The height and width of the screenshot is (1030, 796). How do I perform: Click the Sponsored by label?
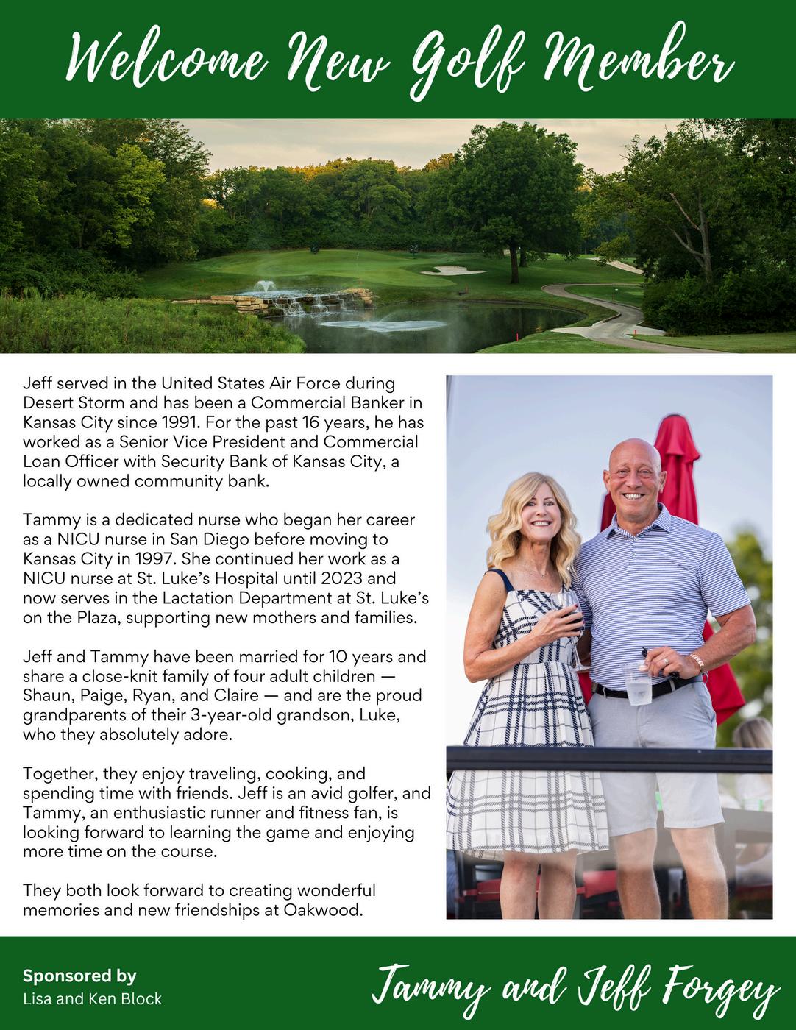coord(79,976)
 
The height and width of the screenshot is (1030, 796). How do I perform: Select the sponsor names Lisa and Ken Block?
coord(92,999)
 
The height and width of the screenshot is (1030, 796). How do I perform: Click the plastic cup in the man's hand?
coord(636,682)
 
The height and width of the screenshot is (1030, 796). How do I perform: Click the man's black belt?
coord(647,689)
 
